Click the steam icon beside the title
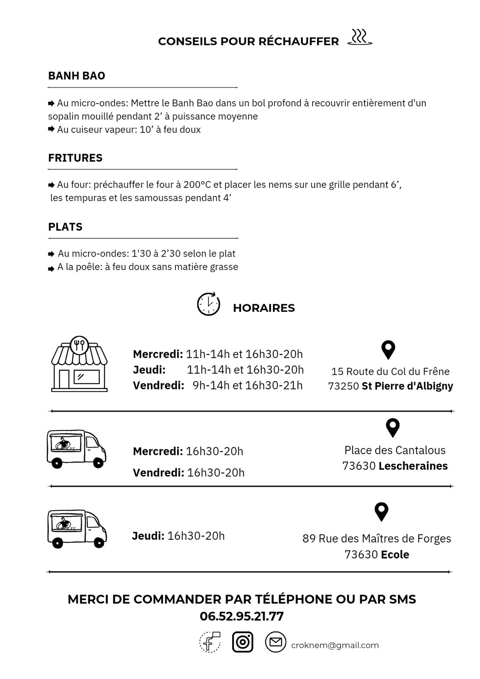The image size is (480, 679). [x=360, y=38]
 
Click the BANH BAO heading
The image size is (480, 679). [x=76, y=76]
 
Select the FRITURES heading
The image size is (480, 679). [x=75, y=158]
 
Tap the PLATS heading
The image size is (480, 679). [x=65, y=227]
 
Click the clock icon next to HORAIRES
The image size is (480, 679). [x=208, y=304]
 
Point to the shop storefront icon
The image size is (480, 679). [x=79, y=364]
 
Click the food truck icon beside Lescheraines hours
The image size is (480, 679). [x=76, y=449]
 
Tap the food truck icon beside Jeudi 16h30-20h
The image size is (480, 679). [x=77, y=529]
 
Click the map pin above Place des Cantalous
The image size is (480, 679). [x=393, y=428]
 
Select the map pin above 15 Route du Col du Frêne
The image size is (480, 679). [x=388, y=350]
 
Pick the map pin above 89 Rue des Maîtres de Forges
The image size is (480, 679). [x=381, y=512]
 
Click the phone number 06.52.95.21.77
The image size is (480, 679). [x=241, y=616]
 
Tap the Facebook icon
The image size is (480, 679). [x=210, y=642]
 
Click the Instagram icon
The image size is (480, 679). [x=243, y=642]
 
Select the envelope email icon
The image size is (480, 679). [x=276, y=642]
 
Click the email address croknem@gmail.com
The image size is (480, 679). [x=335, y=645]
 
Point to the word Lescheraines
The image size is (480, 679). [x=413, y=466]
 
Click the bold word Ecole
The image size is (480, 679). [x=395, y=554]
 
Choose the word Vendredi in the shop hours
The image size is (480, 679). [x=158, y=386]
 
